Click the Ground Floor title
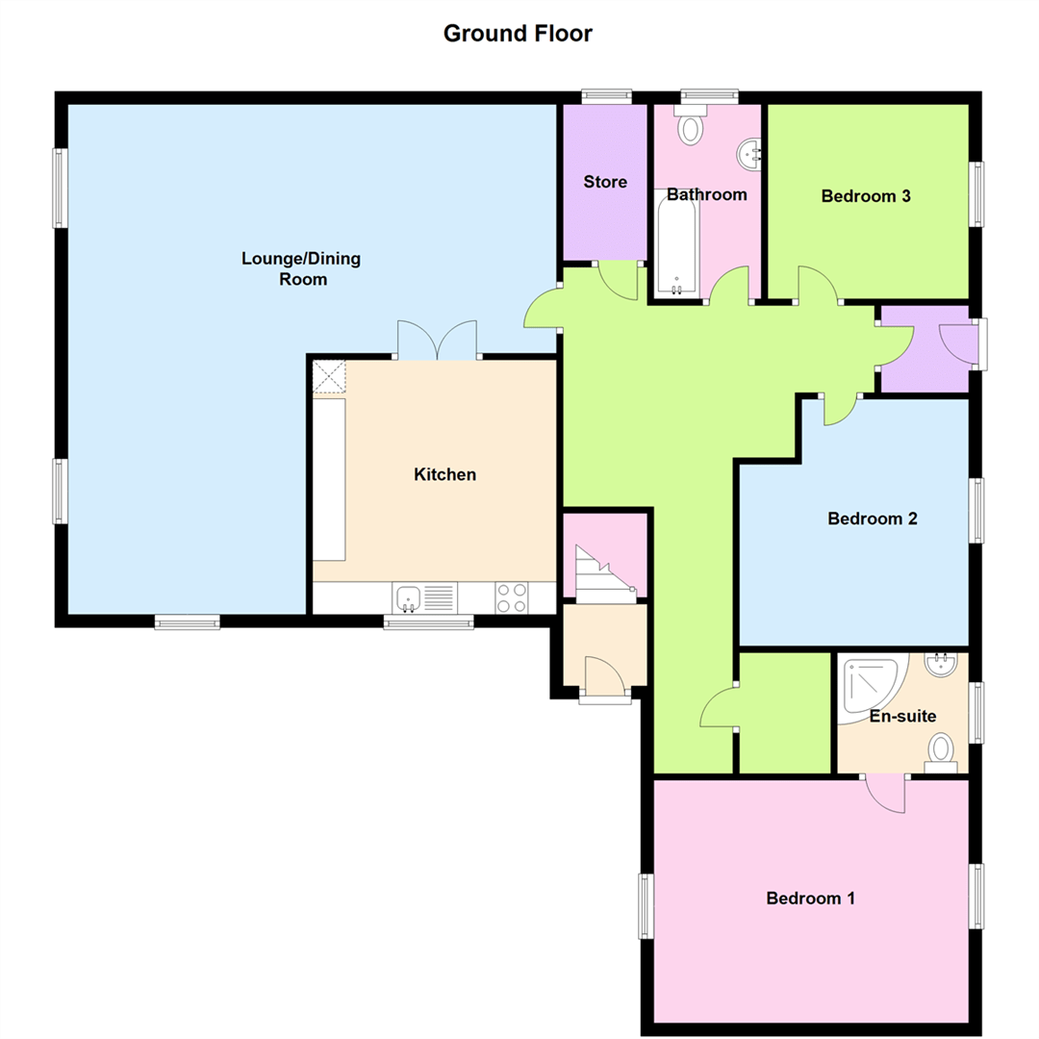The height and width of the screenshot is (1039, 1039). [x=518, y=34]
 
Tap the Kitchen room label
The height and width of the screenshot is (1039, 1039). [x=444, y=474]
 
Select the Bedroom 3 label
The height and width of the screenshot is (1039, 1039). [x=866, y=196]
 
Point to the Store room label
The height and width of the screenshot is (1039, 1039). [x=605, y=182]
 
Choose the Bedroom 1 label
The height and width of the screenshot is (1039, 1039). [x=810, y=899]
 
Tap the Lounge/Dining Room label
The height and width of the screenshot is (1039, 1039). [x=284, y=269]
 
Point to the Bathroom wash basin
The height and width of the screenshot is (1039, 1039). [x=749, y=152]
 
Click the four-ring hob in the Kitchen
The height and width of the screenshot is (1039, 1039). [x=512, y=598]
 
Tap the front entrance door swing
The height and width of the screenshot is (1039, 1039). [x=604, y=676]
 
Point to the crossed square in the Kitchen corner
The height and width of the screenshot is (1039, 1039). [x=330, y=377]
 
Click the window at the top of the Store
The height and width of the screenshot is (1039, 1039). [x=606, y=95]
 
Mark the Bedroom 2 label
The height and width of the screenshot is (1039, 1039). [x=873, y=519]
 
